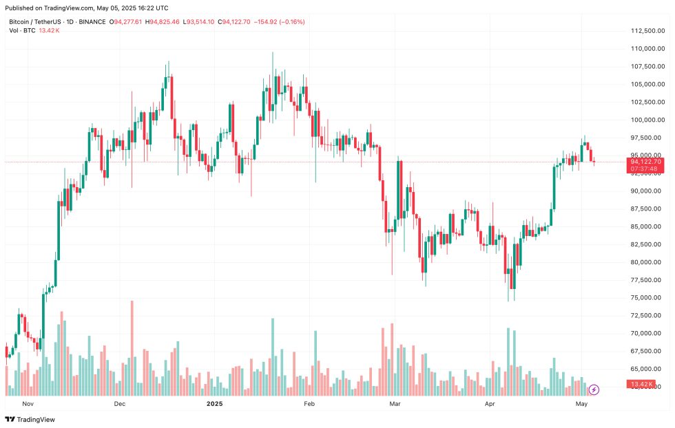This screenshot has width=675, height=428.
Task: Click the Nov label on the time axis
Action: [x=28, y=404]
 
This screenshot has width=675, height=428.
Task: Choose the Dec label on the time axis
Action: [x=120, y=404]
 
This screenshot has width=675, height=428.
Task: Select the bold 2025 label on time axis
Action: [x=215, y=404]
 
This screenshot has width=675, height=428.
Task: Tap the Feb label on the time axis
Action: [x=309, y=404]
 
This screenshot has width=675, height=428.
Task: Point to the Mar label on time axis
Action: [x=395, y=404]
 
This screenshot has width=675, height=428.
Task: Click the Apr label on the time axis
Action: [x=490, y=404]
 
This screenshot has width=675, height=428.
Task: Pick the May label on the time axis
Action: [x=581, y=404]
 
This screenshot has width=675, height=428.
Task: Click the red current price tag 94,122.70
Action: [x=645, y=162]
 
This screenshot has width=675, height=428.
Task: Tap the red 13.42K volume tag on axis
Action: [x=645, y=384]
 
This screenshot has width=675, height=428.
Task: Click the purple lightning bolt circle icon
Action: [x=594, y=390]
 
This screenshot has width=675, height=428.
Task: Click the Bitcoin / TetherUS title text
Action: [x=34, y=22]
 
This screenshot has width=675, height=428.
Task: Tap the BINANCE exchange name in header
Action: [x=92, y=22]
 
